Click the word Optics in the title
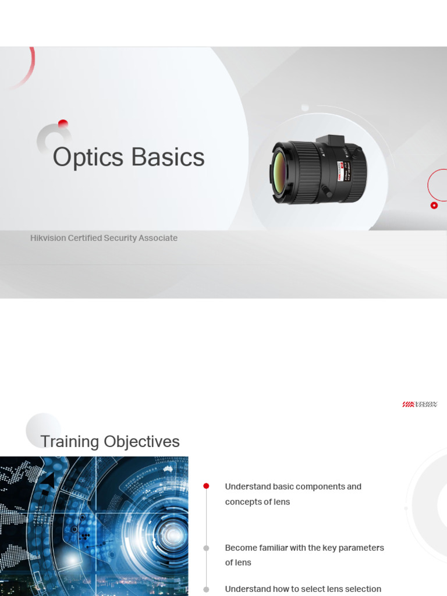point(88,158)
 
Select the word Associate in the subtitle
point(158,238)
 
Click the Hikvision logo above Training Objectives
point(419,404)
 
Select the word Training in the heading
point(69,442)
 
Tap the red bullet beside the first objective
point(206,486)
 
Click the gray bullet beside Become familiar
point(206,548)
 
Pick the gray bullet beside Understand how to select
point(206,589)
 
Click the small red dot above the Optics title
point(63,123)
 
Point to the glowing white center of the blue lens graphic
point(173,533)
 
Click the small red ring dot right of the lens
point(434,205)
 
